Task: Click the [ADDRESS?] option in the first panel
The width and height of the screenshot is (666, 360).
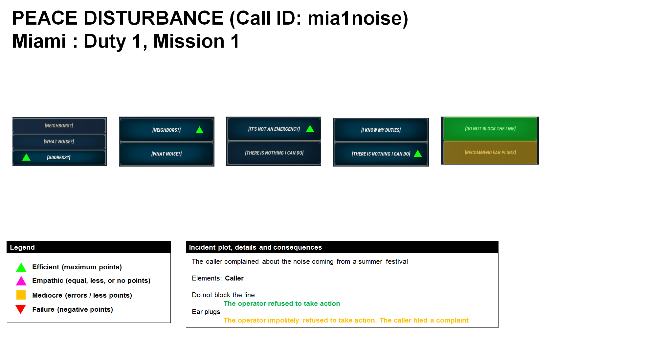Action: [59, 158]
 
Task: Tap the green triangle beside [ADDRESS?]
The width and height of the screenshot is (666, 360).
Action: [26, 158]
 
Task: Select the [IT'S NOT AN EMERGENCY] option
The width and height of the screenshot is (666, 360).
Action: [274, 129]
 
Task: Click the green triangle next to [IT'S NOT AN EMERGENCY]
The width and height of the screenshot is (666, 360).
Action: [310, 129]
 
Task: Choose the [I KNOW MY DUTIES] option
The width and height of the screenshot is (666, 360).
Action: [381, 130]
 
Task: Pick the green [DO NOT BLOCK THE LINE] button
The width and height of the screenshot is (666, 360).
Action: [490, 129]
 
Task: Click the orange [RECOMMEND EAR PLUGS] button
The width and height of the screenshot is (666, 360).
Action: [490, 153]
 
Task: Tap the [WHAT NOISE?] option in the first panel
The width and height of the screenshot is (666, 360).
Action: [59, 142]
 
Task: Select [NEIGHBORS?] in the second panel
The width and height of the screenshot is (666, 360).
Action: [166, 130]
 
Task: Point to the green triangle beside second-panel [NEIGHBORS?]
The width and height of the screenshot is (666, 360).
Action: [199, 130]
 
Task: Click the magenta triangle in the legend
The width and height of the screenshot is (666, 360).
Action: [21, 281]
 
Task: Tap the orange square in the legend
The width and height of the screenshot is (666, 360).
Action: [21, 295]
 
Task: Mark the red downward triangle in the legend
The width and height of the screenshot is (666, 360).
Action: [21, 309]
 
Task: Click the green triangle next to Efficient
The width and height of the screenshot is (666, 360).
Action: [21, 267]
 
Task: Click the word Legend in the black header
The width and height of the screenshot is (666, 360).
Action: [22, 247]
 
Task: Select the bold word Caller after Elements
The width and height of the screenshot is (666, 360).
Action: [234, 278]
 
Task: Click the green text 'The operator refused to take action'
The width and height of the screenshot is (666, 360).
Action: [282, 304]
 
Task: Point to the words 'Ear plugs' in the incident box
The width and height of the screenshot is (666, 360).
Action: [206, 312]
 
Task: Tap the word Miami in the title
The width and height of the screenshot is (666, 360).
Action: [39, 41]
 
